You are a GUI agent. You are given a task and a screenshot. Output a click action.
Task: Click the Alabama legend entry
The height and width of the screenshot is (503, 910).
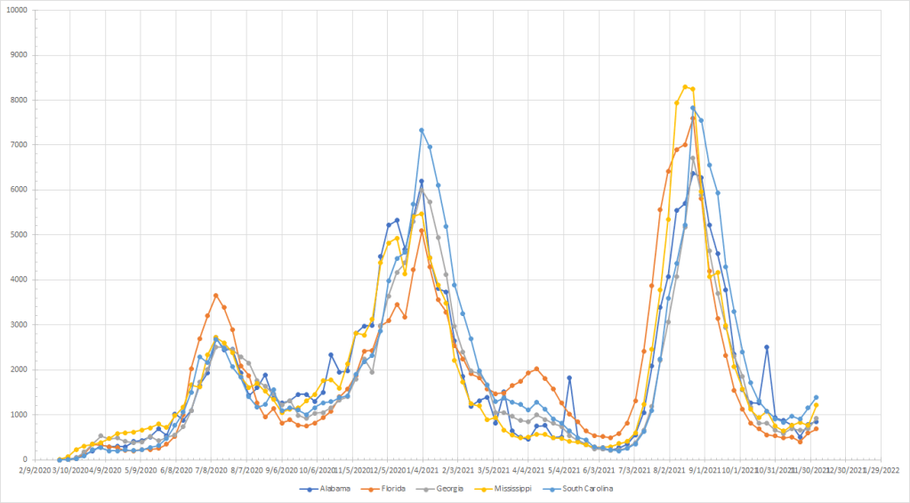click(x=331, y=489)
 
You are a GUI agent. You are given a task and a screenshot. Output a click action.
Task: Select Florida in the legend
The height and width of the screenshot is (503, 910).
click(x=403, y=489)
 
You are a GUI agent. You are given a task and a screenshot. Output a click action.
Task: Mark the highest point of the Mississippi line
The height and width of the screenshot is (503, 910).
click(x=685, y=86)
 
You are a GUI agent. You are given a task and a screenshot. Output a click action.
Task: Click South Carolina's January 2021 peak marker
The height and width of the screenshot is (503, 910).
click(x=422, y=130)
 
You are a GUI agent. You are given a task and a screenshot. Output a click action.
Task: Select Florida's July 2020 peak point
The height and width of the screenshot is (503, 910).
click(x=215, y=295)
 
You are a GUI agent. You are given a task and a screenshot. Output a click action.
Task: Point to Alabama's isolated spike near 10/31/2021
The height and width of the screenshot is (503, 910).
click(x=766, y=347)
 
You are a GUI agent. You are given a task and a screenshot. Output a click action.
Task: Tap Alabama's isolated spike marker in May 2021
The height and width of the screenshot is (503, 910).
click(x=568, y=377)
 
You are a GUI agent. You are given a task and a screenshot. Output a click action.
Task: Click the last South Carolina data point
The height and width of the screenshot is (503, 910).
click(x=816, y=397)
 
